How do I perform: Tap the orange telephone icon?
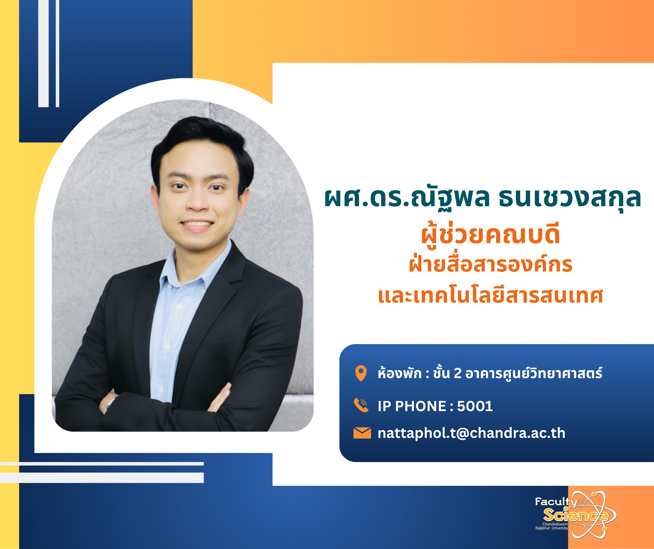coord(361,406)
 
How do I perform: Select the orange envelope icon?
coord(362,433)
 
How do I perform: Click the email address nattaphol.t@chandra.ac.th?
coord(471,433)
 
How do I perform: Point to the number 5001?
coord(475,406)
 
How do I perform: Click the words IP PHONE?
coord(412,406)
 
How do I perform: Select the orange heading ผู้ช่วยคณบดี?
coord(490,235)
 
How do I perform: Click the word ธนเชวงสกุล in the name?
coord(569,198)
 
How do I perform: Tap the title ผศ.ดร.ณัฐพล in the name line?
coord(407,198)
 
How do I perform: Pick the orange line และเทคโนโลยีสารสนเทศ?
coord(490,296)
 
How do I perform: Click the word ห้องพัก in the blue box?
coord(400,373)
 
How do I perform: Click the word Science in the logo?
coord(576,515)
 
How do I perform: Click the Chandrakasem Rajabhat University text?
coord(552,526)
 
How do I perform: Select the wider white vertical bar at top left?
coord(43,54)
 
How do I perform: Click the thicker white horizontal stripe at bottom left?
coord(102,477)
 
